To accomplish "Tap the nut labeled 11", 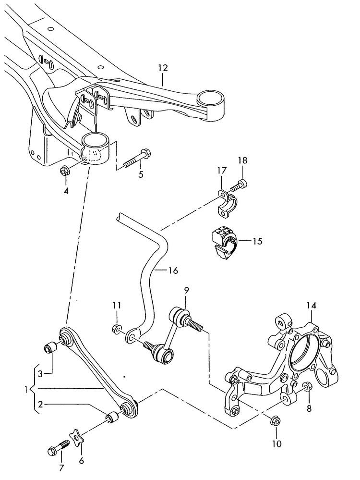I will (116, 329).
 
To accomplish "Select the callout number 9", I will (186, 290).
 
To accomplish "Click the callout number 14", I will (312, 305).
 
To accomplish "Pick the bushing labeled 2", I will (114, 416).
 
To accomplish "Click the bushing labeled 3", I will (50, 346).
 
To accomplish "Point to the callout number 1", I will (26, 388).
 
